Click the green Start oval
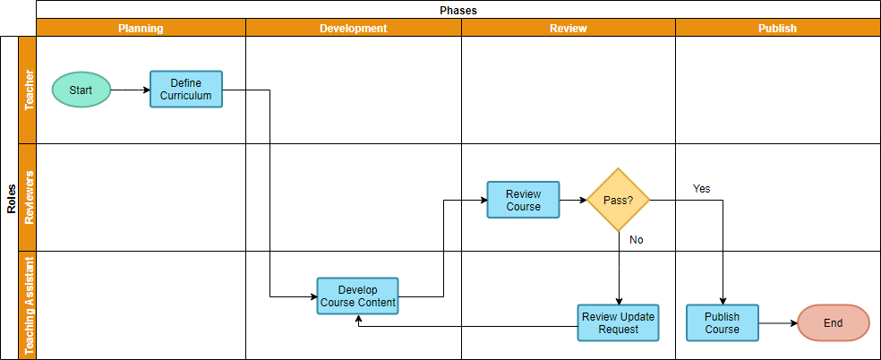(81, 90)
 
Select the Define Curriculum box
(186, 90)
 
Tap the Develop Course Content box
(357, 296)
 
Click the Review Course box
(523, 200)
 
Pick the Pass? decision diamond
(618, 200)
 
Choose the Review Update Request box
(618, 322)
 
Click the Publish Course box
(722, 322)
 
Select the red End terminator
(833, 322)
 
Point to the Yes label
(701, 189)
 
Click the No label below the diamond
(636, 240)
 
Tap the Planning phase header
(141, 28)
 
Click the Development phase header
(353, 28)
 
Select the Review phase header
(568, 28)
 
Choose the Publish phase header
(777, 28)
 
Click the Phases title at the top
(458, 10)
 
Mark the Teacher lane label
(28, 90)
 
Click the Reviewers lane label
(28, 197)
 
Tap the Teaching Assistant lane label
(28, 304)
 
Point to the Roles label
(11, 197)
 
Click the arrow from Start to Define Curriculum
(130, 90)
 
